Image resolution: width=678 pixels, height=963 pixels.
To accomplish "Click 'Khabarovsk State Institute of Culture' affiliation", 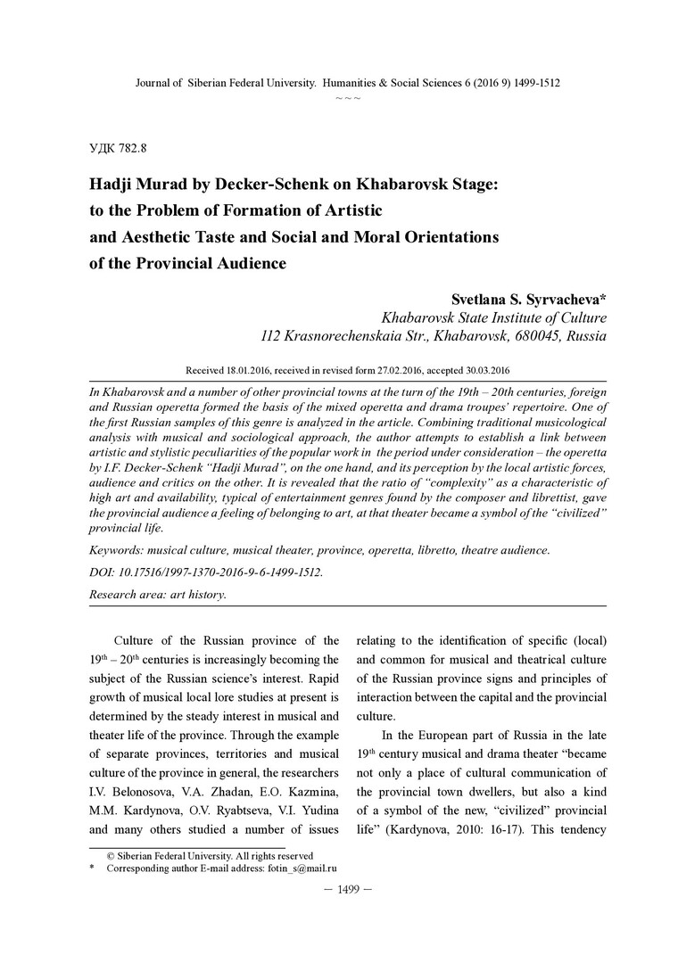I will coord(493,317).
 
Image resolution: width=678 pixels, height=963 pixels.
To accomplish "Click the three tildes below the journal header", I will coord(348,96).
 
